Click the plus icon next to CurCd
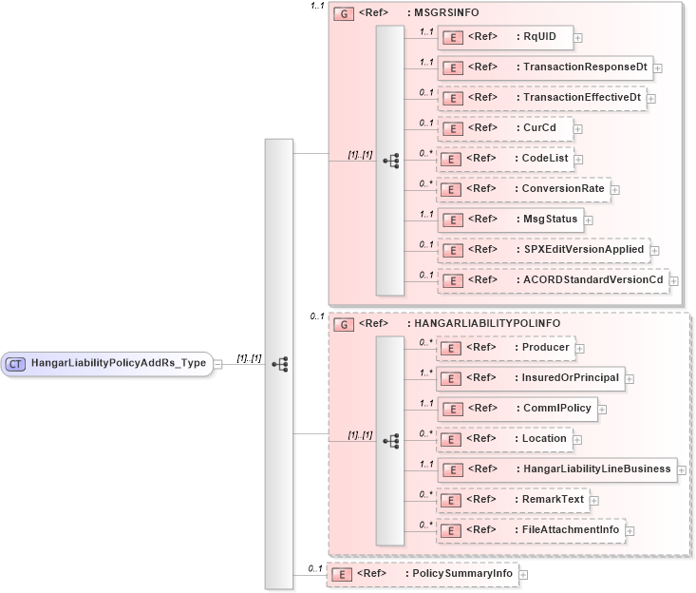click(x=578, y=128)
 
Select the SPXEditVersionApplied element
click(x=542, y=250)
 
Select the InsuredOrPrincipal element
click(x=529, y=378)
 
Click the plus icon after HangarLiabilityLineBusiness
click(x=682, y=469)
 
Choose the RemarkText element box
click(x=513, y=499)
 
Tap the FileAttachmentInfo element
click(x=530, y=529)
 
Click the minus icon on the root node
click(x=218, y=363)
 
